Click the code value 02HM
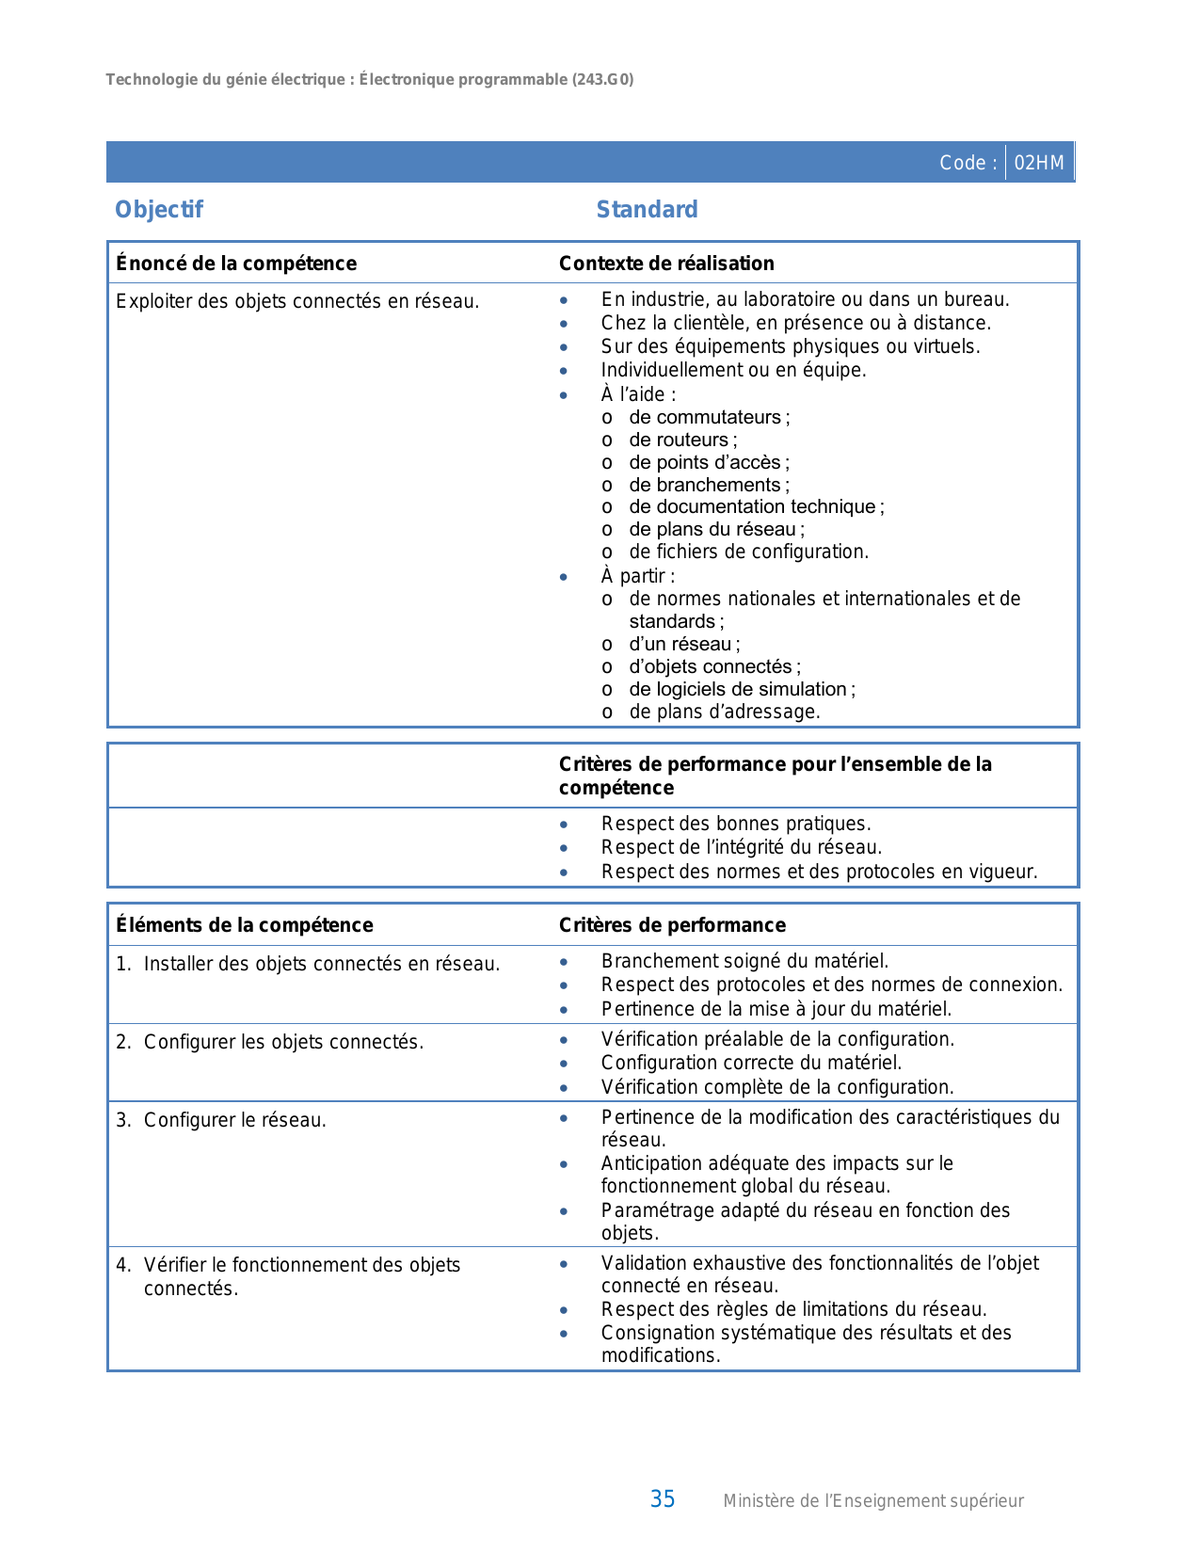pos(1039,163)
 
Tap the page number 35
pos(663,1499)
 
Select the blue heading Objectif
pos(159,210)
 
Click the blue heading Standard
pos(647,210)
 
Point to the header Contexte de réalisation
pos(666,264)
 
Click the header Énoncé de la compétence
pos(236,264)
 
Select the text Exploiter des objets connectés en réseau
pos(297,301)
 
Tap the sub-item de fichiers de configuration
pos(748,552)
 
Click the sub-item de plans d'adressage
pos(725,712)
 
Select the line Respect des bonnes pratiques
pos(736,824)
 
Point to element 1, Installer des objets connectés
pos(321,964)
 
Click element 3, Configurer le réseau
pos(234,1120)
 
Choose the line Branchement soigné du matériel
pos(744,961)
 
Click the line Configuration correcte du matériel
pos(751,1063)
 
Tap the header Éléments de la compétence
pos(245,925)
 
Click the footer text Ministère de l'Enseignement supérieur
pos(872,1501)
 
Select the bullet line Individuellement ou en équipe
pos(733,370)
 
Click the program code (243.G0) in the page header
pos(602,80)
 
